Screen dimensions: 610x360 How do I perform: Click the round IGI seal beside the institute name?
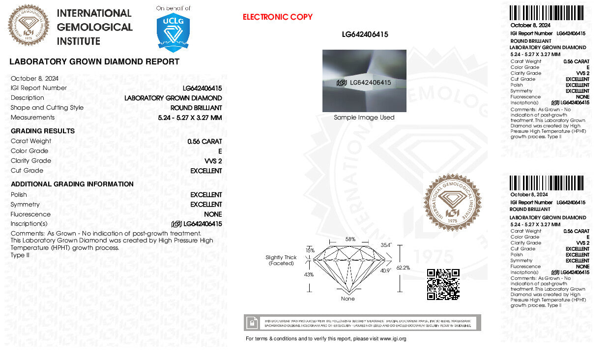[29, 26]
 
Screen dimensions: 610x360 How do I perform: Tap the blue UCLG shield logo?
[173, 32]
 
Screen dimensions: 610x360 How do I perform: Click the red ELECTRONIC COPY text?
[277, 17]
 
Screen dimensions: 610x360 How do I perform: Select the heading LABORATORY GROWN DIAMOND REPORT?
[94, 62]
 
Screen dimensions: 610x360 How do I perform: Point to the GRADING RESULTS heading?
[43, 131]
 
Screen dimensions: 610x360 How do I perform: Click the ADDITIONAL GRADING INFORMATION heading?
[72, 184]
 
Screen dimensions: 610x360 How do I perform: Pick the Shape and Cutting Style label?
[47, 108]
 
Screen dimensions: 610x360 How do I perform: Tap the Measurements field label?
[33, 118]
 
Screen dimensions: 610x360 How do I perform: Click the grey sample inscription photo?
[364, 81]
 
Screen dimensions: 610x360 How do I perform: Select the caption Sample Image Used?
[364, 118]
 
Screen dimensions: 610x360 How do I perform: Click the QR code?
[443, 284]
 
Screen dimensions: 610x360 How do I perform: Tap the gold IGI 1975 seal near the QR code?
[452, 202]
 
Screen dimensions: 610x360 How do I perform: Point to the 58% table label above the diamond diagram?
[350, 240]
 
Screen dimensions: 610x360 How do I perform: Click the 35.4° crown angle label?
[386, 245]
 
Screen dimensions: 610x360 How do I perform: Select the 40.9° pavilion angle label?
[385, 270]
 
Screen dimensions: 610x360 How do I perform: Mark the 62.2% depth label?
[403, 268]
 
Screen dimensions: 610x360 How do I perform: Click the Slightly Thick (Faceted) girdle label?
[281, 260]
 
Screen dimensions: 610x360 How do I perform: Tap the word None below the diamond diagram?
[348, 299]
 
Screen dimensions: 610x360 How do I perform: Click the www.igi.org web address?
[393, 339]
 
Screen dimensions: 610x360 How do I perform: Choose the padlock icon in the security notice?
[252, 323]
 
